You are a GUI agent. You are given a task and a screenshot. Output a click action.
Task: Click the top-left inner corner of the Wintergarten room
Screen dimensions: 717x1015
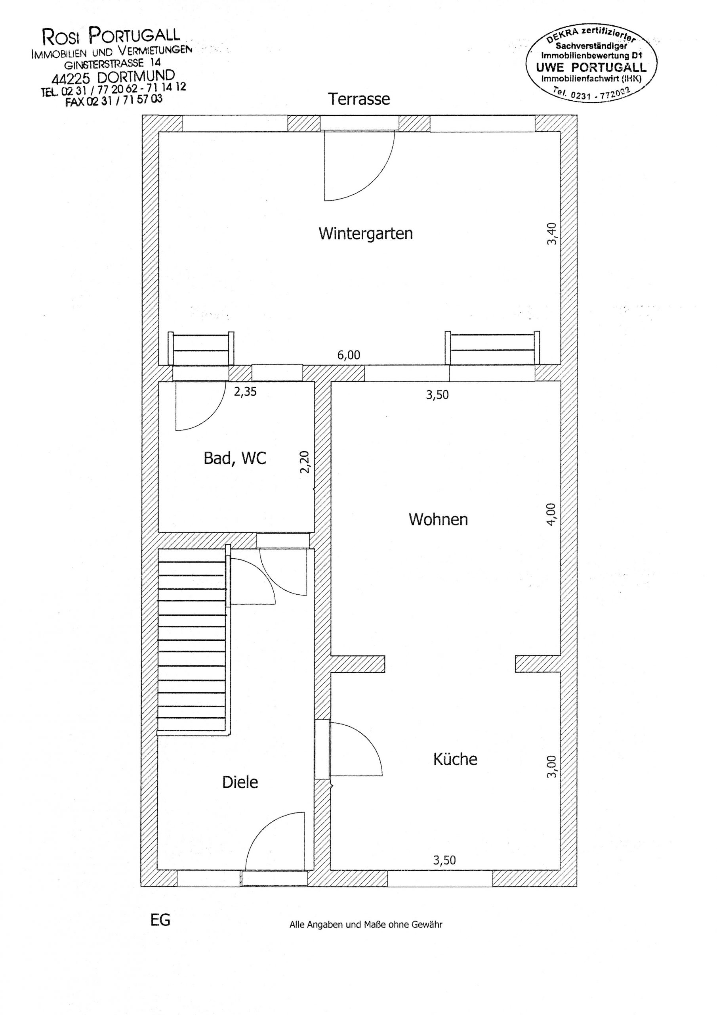click(159, 132)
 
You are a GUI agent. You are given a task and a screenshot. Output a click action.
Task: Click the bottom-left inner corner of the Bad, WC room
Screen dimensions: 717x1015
click(159, 532)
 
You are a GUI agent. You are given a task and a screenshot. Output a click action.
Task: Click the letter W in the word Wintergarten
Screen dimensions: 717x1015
click(326, 234)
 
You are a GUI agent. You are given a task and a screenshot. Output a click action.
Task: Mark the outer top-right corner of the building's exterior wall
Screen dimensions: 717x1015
click(576, 115)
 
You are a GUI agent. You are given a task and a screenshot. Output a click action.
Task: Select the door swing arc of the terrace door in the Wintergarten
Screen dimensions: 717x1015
click(374, 181)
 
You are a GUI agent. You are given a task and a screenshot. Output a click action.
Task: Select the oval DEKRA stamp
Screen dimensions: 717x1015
click(591, 63)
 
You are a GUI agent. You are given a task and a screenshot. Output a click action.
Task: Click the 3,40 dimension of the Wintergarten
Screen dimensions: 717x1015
click(552, 234)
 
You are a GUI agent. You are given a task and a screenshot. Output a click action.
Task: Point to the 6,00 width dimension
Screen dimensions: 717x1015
click(349, 355)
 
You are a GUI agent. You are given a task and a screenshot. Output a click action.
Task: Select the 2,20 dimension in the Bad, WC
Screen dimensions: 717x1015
click(305, 462)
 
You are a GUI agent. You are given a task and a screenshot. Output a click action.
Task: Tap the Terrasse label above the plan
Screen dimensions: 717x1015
click(359, 99)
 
